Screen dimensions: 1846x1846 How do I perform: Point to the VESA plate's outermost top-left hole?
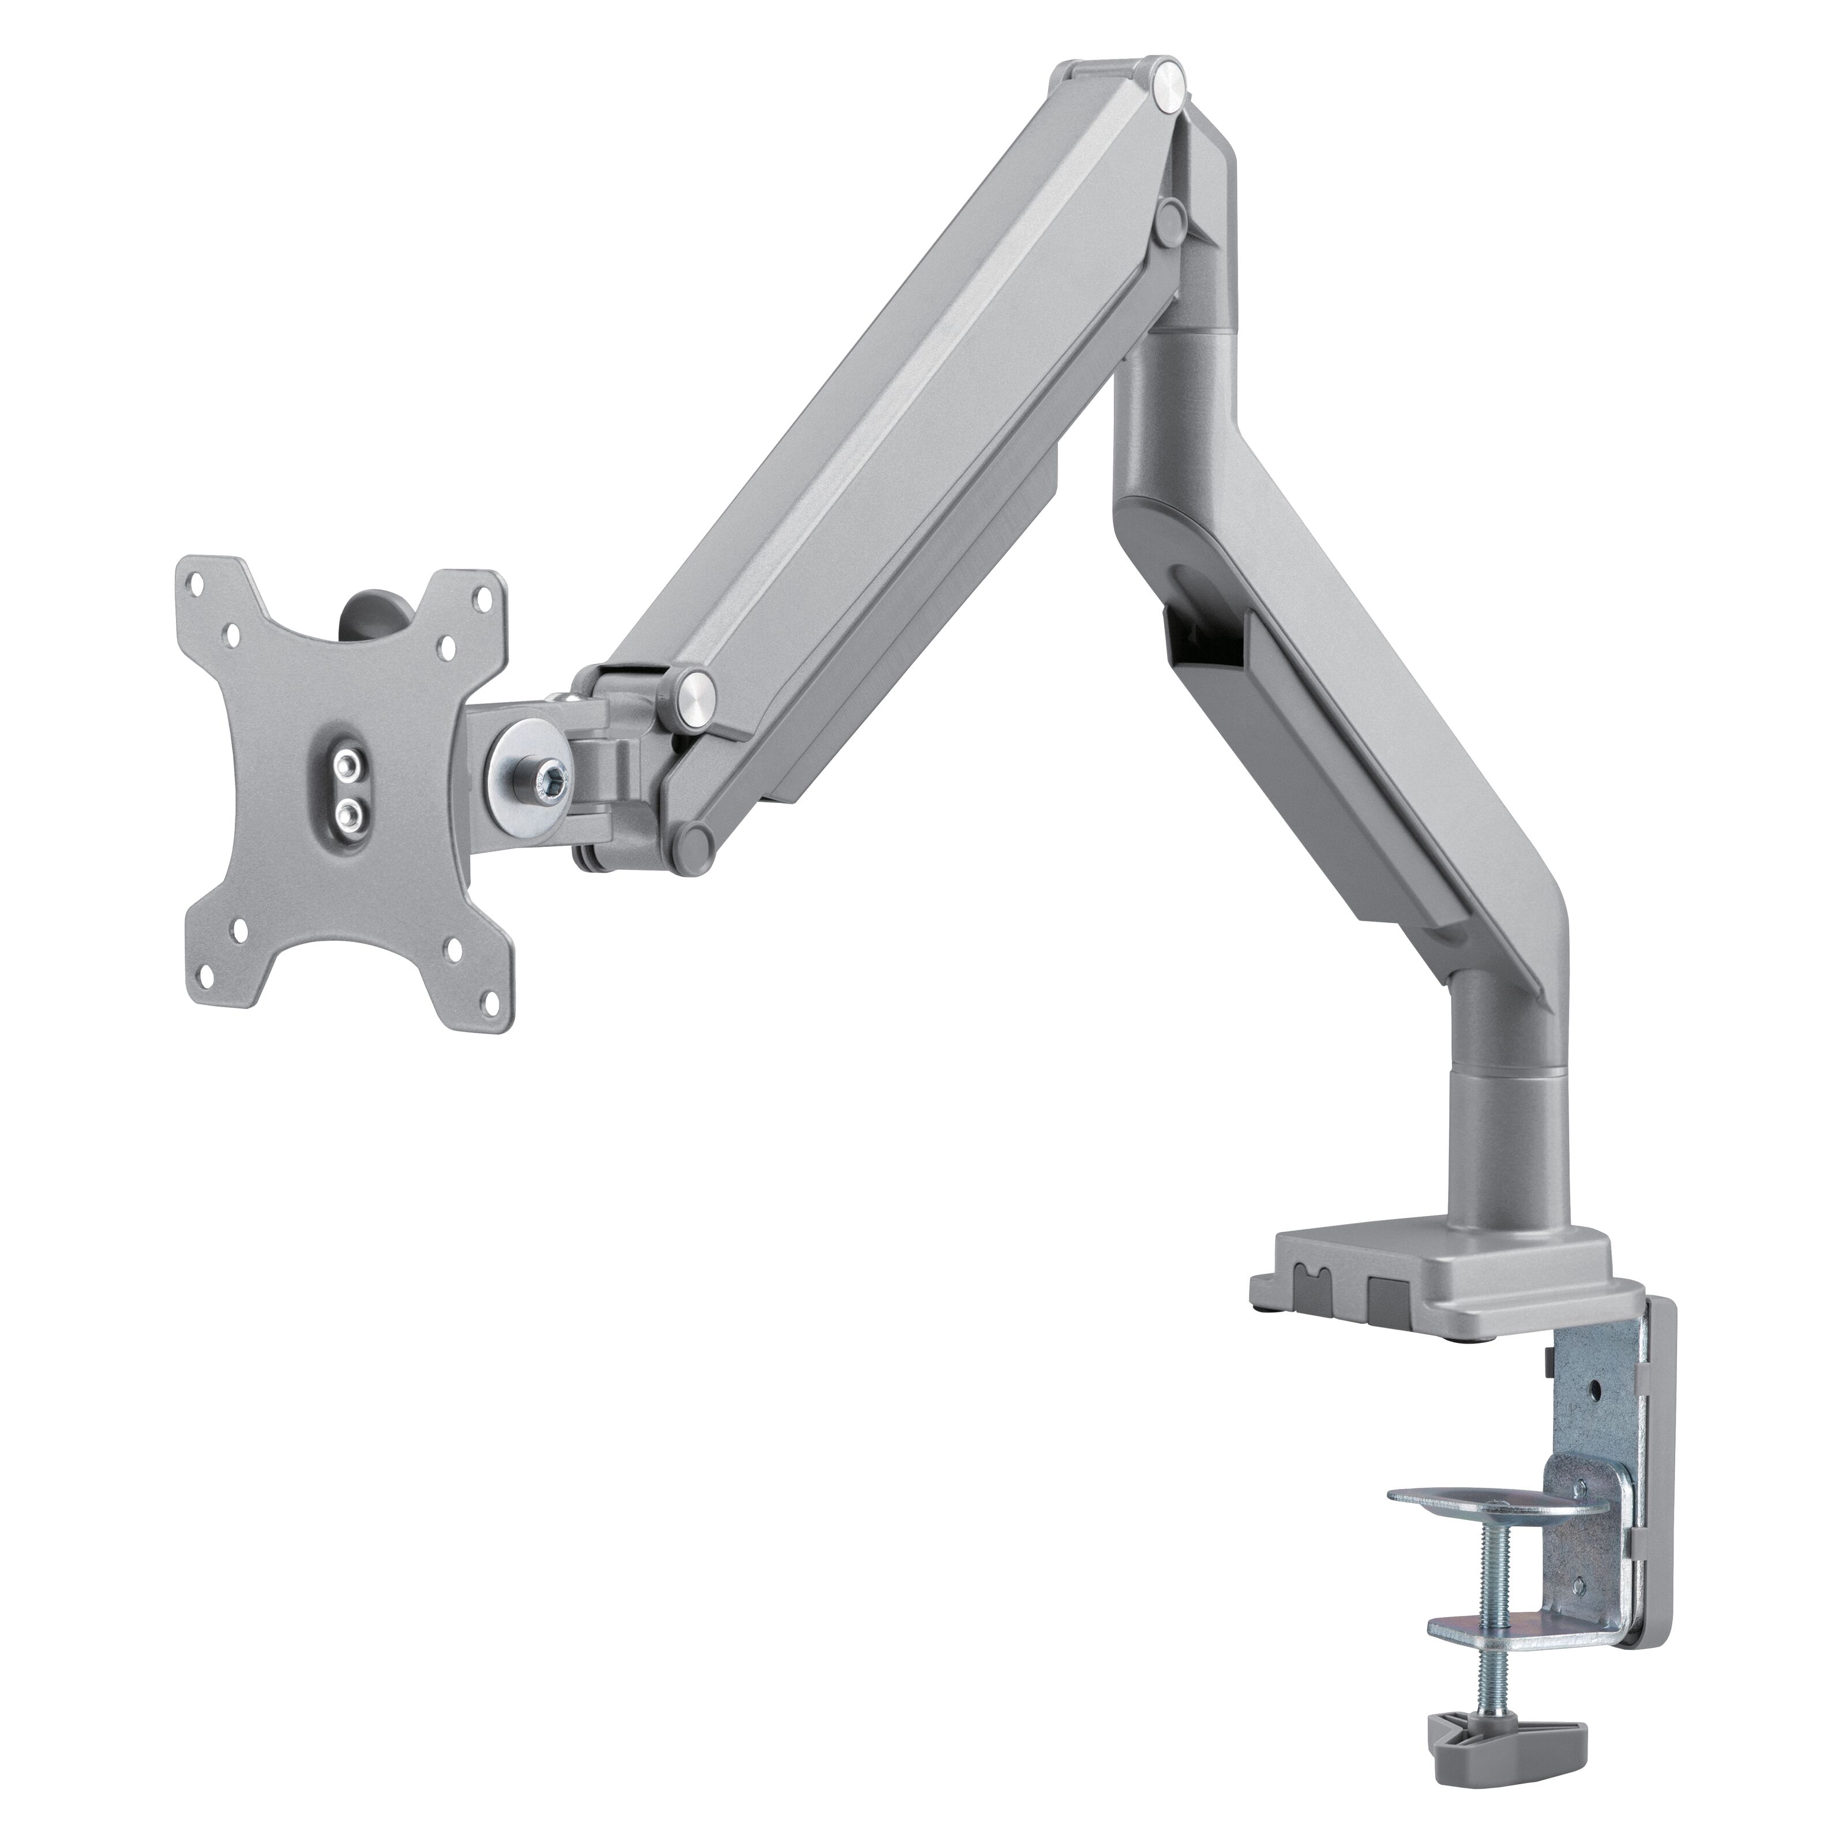[x=197, y=579]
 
